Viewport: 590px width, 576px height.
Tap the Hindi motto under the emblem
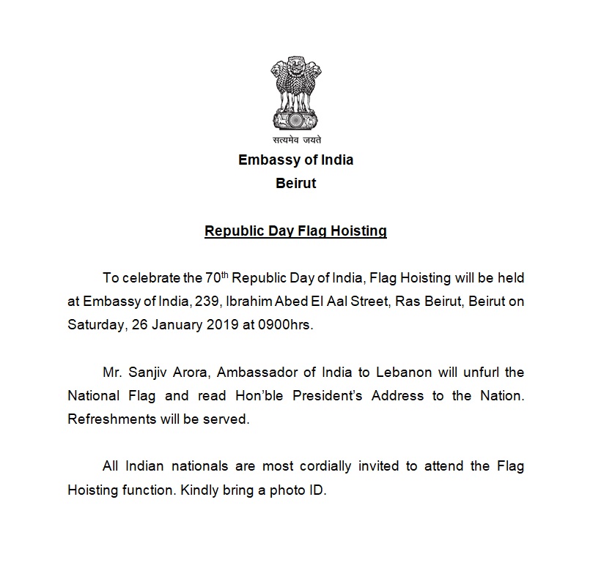(x=295, y=139)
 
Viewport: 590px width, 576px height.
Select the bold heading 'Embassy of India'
(x=295, y=160)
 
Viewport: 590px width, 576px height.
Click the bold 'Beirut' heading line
(x=295, y=183)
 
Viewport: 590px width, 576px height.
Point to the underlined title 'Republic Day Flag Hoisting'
(x=295, y=232)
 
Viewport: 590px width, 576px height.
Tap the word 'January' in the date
(x=166, y=325)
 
